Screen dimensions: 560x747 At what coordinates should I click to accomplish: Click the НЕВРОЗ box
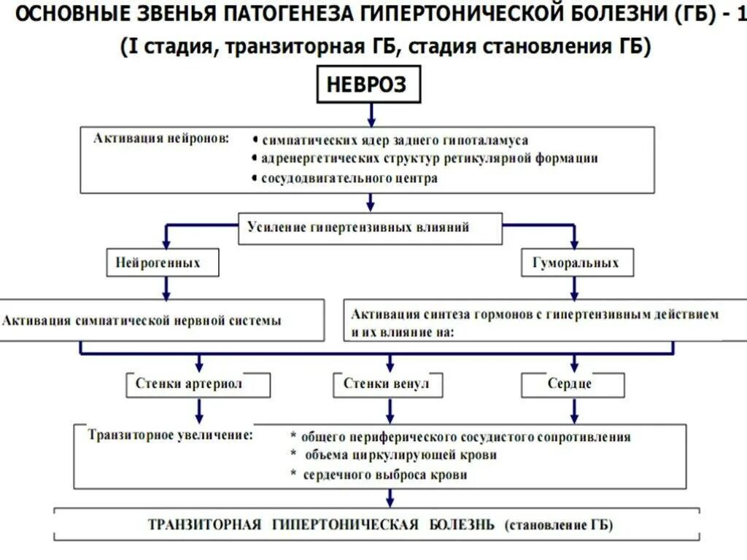pos(371,86)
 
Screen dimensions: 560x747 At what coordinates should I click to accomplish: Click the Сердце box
pos(573,384)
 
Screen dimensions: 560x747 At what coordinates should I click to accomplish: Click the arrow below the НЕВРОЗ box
pos(371,114)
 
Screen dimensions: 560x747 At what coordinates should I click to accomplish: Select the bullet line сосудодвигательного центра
pos(349,179)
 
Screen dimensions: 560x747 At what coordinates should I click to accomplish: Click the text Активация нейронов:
pos(160,138)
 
